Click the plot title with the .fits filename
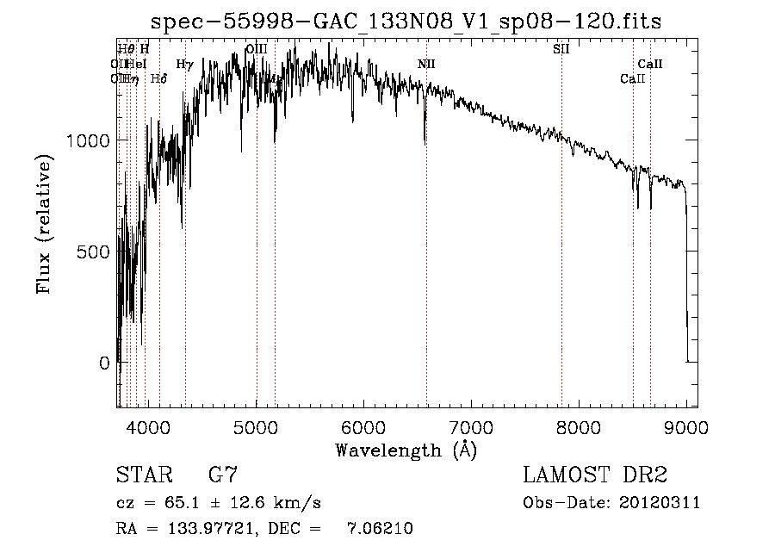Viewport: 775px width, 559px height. (x=405, y=22)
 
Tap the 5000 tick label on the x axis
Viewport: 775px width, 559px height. (x=256, y=427)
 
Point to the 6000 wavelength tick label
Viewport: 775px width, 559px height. (x=363, y=427)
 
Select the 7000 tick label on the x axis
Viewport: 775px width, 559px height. (x=471, y=427)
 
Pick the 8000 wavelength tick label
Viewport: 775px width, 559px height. (x=579, y=427)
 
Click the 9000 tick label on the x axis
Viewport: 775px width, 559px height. (x=686, y=427)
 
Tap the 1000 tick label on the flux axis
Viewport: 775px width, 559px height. (x=88, y=140)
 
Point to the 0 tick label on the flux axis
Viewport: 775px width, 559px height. (x=105, y=363)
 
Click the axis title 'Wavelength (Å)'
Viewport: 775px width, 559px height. (x=405, y=450)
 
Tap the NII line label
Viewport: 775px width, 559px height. (x=426, y=64)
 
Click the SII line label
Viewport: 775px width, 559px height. (x=561, y=49)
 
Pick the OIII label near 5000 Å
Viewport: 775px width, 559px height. (x=256, y=49)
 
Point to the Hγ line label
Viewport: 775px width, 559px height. (x=184, y=64)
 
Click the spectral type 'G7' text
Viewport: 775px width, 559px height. (x=223, y=475)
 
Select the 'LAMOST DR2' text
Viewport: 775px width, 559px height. (x=595, y=475)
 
